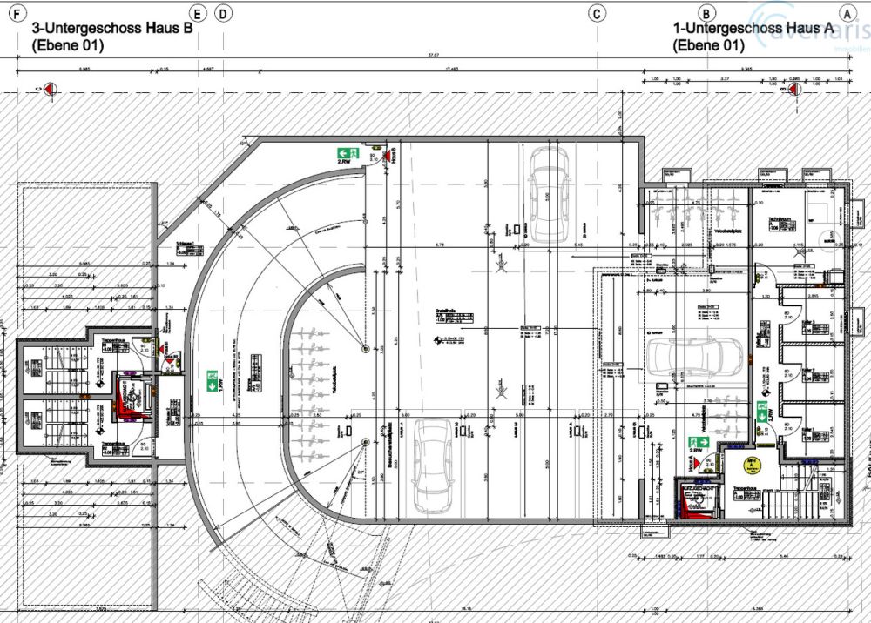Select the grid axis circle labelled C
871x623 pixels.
click(598, 13)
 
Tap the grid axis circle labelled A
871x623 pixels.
click(846, 13)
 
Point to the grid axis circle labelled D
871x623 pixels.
click(224, 13)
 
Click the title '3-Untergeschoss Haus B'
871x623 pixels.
click(111, 28)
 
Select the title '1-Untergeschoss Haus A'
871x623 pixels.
click(754, 28)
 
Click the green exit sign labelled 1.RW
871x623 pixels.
click(211, 379)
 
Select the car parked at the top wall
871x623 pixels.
click(550, 193)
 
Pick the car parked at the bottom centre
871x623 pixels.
click(432, 466)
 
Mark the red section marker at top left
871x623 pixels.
click(50, 88)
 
